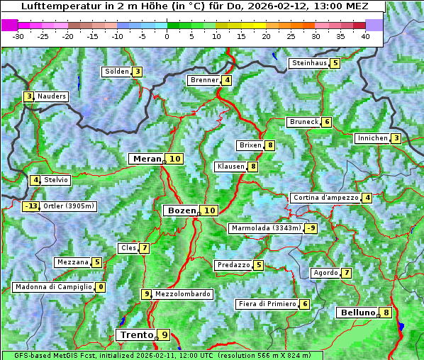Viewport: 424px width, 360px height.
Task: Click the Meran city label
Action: tap(147, 159)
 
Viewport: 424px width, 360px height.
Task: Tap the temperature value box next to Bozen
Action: tap(209, 210)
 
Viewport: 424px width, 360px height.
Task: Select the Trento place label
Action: tap(136, 334)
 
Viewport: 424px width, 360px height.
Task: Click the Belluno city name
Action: tap(357, 313)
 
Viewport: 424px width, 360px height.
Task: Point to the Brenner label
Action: tap(204, 80)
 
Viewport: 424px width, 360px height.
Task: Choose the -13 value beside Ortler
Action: tap(30, 207)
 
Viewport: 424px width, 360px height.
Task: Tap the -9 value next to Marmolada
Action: tap(311, 228)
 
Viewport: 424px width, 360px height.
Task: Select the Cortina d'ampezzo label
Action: tap(325, 198)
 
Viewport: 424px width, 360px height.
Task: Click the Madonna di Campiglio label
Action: tap(54, 287)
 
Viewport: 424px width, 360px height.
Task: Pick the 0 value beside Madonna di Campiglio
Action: tap(101, 287)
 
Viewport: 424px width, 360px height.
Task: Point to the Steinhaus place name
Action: tap(309, 63)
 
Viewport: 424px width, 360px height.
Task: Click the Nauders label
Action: tap(52, 96)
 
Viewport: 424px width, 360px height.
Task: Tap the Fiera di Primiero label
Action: tap(267, 304)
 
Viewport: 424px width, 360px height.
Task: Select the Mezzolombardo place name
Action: tap(182, 294)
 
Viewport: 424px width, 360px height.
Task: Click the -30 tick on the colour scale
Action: tap(18, 36)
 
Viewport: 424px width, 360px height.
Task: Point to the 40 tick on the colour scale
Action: tap(365, 36)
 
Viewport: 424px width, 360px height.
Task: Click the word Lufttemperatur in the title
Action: tap(53, 6)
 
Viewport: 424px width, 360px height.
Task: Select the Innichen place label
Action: tap(372, 138)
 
